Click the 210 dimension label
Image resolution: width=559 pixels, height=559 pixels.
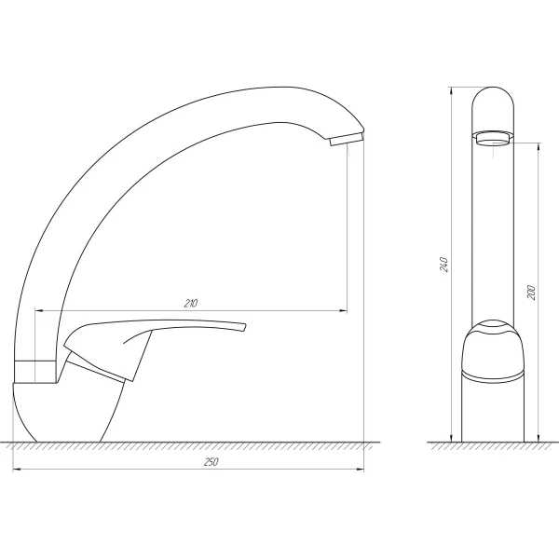pos(190,304)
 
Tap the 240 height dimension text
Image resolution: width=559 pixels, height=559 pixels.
pos(446,265)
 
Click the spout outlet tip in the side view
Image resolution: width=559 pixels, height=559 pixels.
pos(346,141)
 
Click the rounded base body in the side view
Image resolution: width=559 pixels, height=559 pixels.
pos(70,410)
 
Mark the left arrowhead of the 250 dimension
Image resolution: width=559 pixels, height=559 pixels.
pos(17,470)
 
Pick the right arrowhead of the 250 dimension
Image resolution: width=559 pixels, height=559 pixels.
pos(362,470)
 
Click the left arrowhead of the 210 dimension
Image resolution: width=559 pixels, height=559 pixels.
pos(38,309)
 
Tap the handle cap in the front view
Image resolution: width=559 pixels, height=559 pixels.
pos(493,330)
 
